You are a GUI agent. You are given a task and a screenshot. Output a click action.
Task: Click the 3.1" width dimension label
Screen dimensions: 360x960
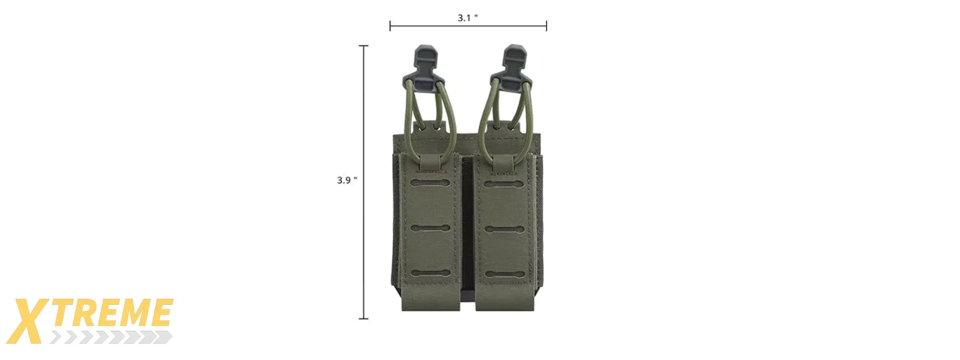click(x=467, y=18)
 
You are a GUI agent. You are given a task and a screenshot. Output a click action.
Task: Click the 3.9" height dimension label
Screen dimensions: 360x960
click(x=346, y=180)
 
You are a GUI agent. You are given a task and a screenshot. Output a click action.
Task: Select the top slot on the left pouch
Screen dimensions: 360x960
click(x=430, y=183)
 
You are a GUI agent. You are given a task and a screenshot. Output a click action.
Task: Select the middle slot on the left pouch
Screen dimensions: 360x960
click(x=430, y=229)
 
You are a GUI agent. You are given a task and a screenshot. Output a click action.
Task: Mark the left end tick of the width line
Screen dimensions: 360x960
click(x=390, y=26)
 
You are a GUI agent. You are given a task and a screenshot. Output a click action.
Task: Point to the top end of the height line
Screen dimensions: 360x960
click(x=363, y=46)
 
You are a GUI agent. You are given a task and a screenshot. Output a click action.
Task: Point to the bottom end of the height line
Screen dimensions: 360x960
click(x=363, y=319)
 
